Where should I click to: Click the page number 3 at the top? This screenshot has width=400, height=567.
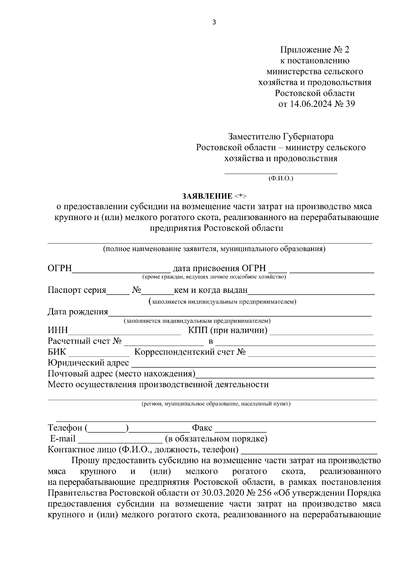214,22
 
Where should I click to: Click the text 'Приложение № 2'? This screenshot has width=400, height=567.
315,50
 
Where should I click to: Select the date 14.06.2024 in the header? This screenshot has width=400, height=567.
310,104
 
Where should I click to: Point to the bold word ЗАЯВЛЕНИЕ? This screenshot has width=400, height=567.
207,196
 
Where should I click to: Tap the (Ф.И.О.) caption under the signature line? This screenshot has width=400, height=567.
281,179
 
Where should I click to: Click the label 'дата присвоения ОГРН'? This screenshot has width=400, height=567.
219,268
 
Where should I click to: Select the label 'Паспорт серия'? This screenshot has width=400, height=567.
77,290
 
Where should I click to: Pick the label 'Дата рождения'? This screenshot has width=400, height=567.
78,312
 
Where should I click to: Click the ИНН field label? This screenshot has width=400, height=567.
58,331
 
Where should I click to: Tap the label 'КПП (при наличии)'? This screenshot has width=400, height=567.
228,331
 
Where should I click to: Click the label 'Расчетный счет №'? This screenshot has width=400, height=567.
84,341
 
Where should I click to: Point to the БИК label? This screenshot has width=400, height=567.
57,352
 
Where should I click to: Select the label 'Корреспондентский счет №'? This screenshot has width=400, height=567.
190,352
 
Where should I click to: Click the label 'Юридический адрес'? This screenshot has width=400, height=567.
88,363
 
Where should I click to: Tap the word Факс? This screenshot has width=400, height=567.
202,428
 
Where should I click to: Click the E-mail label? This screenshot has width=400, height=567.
63,439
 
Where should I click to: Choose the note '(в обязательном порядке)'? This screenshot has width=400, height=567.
216,439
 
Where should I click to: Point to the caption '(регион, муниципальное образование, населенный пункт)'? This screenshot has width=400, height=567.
216,404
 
